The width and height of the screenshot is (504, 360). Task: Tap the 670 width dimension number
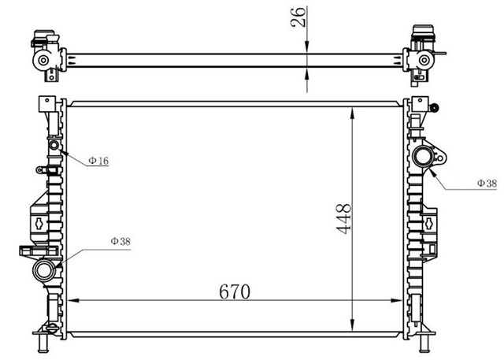tap(234, 291)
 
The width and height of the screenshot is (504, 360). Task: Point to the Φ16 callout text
tap(98, 161)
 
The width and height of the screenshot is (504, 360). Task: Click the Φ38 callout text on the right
tap(486, 184)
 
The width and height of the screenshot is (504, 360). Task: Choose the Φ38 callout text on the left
tap(120, 241)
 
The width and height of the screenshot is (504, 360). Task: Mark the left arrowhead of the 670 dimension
tap(76, 301)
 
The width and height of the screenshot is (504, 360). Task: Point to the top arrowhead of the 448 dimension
tap(352, 110)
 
